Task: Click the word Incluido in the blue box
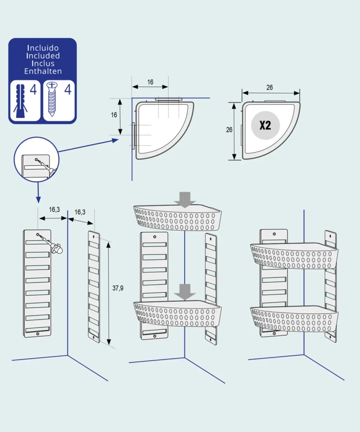coord(43,48)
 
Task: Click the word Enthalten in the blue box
coord(43,71)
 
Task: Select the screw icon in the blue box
coord(53,100)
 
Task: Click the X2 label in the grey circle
coord(265,125)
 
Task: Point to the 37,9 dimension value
coord(118,288)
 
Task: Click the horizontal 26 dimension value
coord(270,88)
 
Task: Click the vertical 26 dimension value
coord(229,130)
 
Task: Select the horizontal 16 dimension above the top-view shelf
coord(150,82)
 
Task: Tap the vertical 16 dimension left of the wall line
coord(114,115)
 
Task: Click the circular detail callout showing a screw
coord(36,161)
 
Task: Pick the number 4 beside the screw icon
coord(67,90)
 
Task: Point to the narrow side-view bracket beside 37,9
coord(94,286)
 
